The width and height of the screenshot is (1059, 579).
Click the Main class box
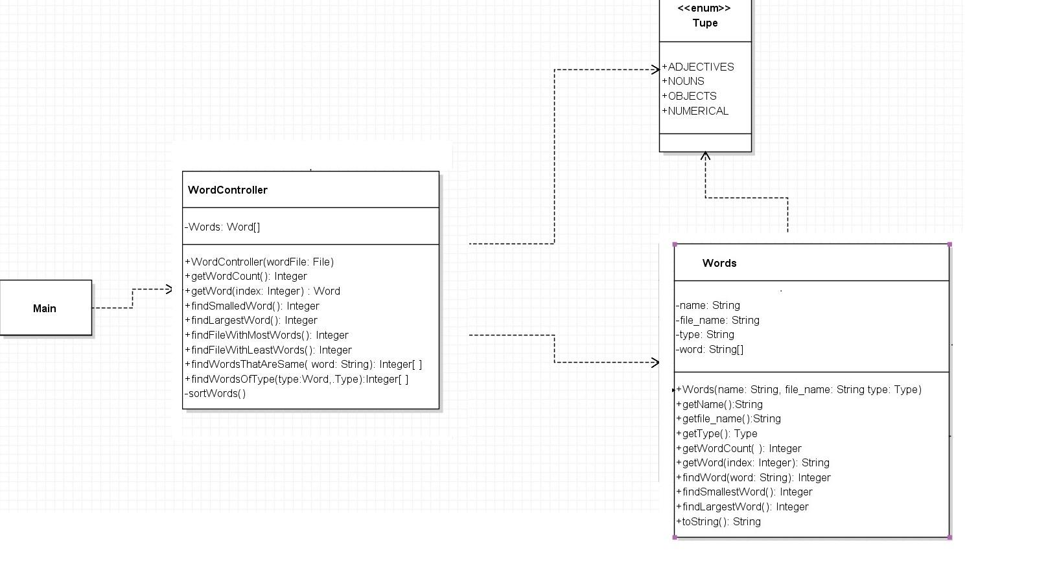pyautogui.click(x=45, y=308)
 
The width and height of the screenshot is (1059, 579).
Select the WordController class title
pyautogui.click(x=227, y=190)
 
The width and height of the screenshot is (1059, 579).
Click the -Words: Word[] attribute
pyautogui.click(x=223, y=227)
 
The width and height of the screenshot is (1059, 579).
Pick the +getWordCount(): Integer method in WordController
pyautogui.click(x=246, y=277)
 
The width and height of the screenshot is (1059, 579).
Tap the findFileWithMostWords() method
pyautogui.click(x=267, y=335)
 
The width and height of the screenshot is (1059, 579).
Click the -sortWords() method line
pyautogui.click(x=216, y=394)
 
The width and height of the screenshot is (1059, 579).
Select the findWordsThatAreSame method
pyautogui.click(x=303, y=365)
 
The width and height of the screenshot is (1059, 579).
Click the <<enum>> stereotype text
pyautogui.click(x=704, y=8)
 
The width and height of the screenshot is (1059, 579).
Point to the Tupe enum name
pyautogui.click(x=704, y=23)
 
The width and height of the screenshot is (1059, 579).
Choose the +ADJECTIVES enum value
pyautogui.click(x=698, y=67)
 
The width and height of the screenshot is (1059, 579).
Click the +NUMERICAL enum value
pyautogui.click(x=695, y=111)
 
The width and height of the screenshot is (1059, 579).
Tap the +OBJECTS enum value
pyautogui.click(x=690, y=96)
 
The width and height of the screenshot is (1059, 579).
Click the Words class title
pyautogui.click(x=719, y=263)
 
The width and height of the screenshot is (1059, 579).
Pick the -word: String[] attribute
pyautogui.click(x=710, y=350)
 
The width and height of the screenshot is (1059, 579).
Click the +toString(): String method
pyautogui.click(x=719, y=521)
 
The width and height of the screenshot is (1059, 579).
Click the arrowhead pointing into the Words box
pyautogui.click(x=655, y=362)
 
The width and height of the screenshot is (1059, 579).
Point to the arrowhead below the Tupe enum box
pyautogui.click(x=705, y=156)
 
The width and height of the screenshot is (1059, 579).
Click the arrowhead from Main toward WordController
pyautogui.click(x=169, y=289)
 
